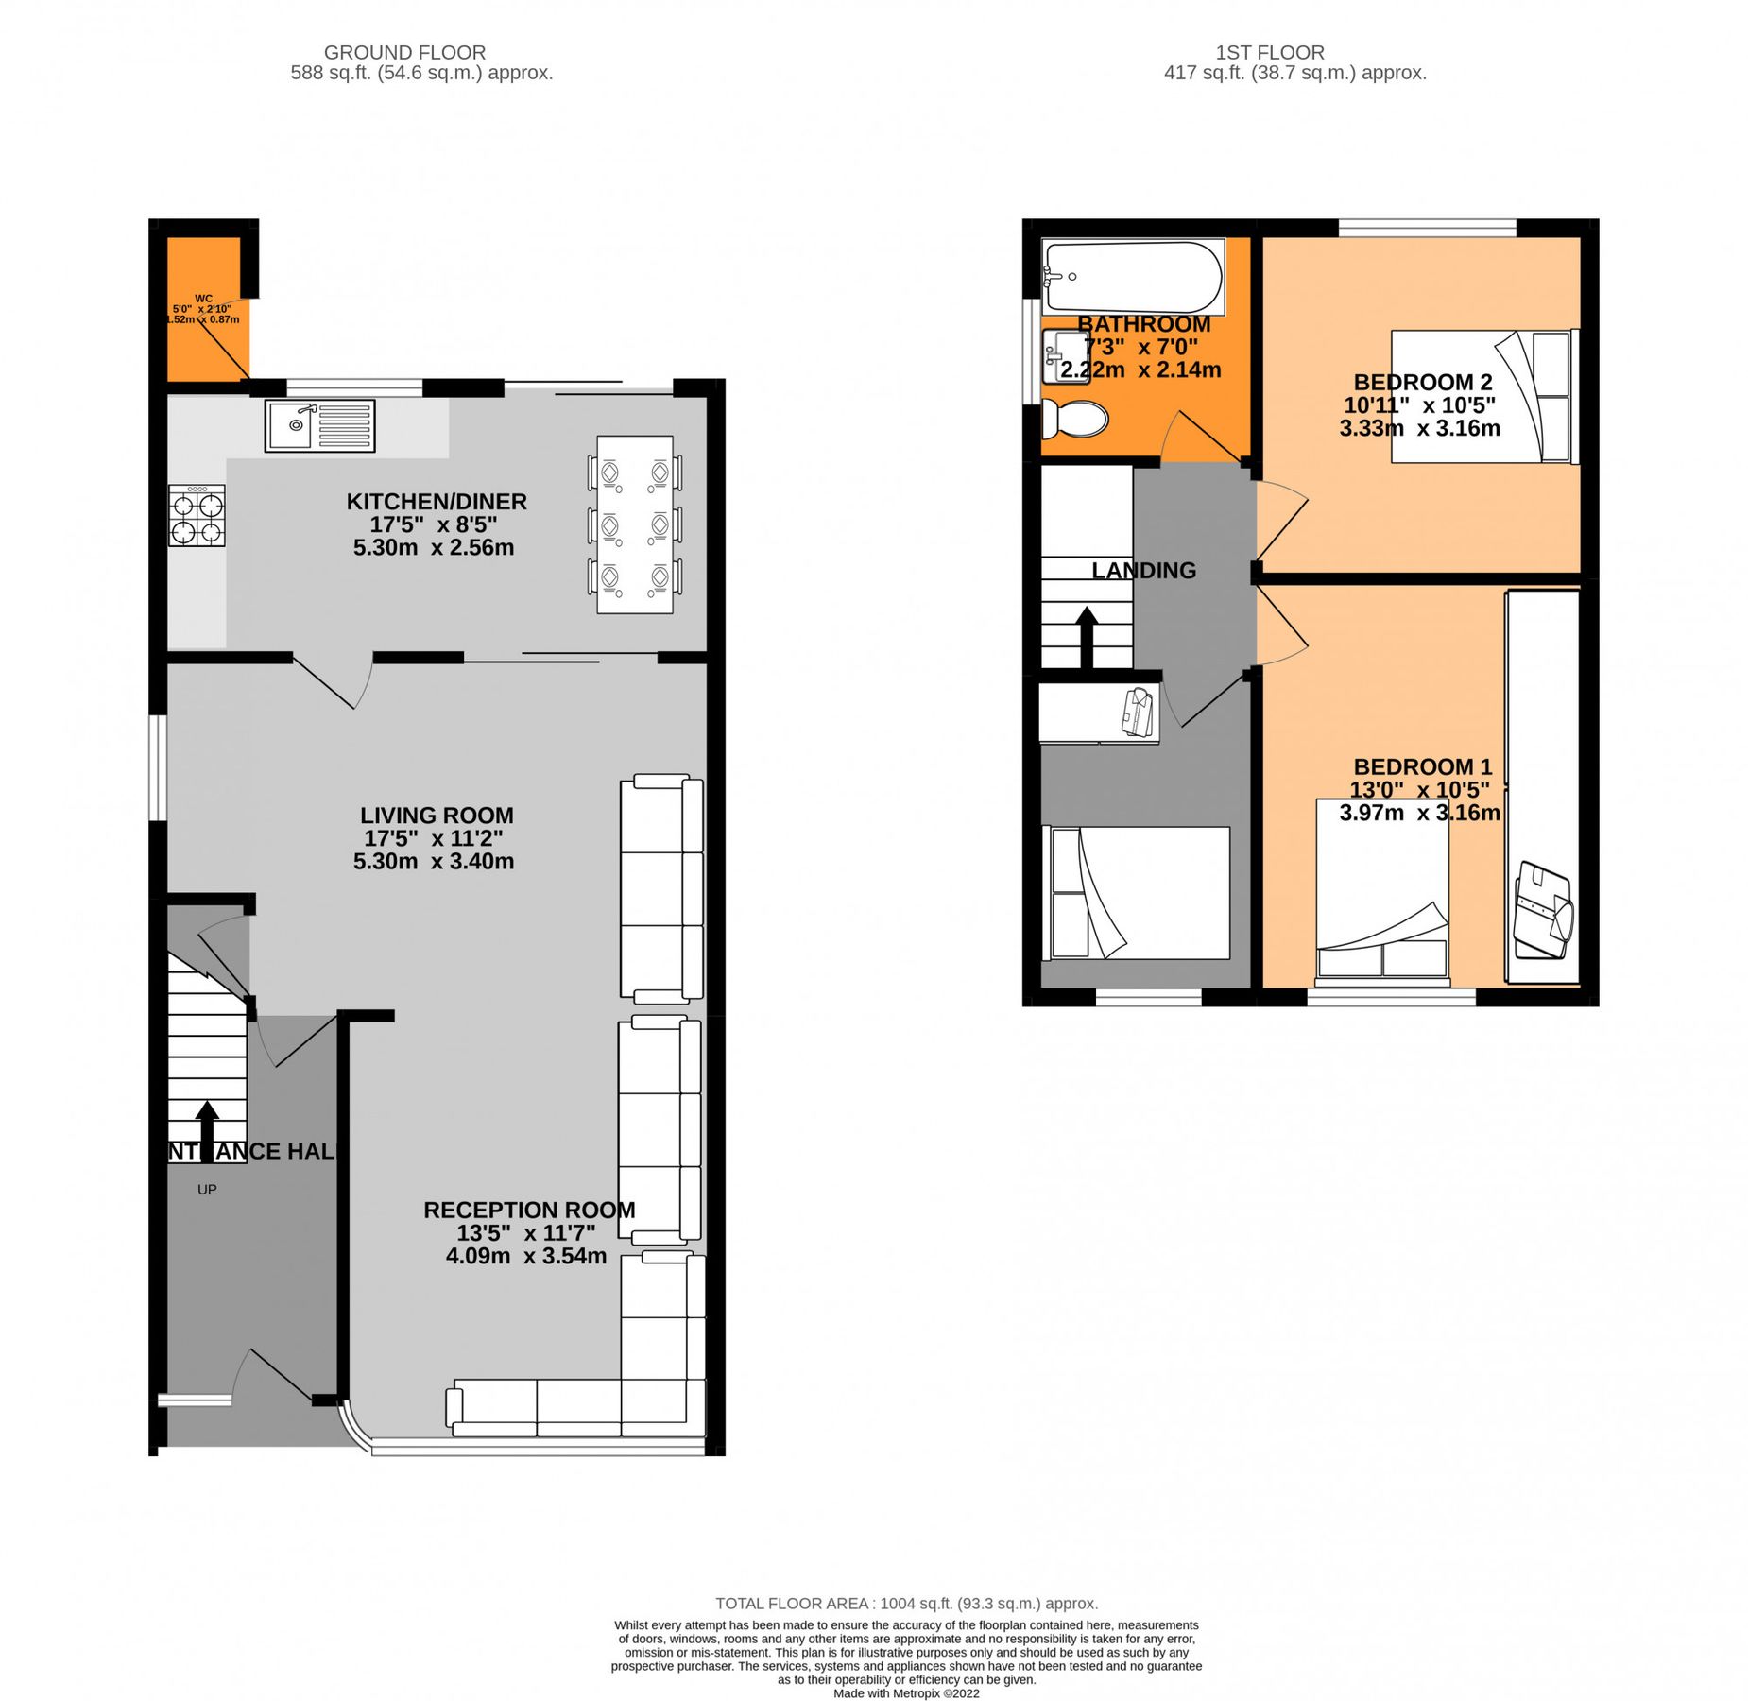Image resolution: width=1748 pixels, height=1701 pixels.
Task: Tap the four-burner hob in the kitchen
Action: coord(197,515)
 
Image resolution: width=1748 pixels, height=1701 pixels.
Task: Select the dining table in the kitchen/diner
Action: coord(634,524)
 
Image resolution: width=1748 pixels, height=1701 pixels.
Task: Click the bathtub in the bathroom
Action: coord(1131,276)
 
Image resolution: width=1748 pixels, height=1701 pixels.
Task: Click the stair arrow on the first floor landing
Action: coord(1087,637)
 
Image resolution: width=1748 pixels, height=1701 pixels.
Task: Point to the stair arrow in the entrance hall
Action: coord(207,1130)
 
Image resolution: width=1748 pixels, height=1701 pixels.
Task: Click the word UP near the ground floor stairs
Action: coord(207,1189)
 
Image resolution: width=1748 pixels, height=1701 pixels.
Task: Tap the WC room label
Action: coord(203,299)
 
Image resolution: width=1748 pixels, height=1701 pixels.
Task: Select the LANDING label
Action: coord(1143,570)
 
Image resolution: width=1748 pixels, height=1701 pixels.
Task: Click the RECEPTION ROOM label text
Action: coord(528,1210)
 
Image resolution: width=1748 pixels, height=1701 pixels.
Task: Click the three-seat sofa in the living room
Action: coord(660,888)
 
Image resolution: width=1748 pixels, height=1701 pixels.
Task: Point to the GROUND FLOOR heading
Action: coord(404,53)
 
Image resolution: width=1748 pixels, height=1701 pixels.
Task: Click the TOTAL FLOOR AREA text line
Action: coord(905,1603)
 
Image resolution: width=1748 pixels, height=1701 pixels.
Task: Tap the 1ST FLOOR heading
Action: coord(1269,53)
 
